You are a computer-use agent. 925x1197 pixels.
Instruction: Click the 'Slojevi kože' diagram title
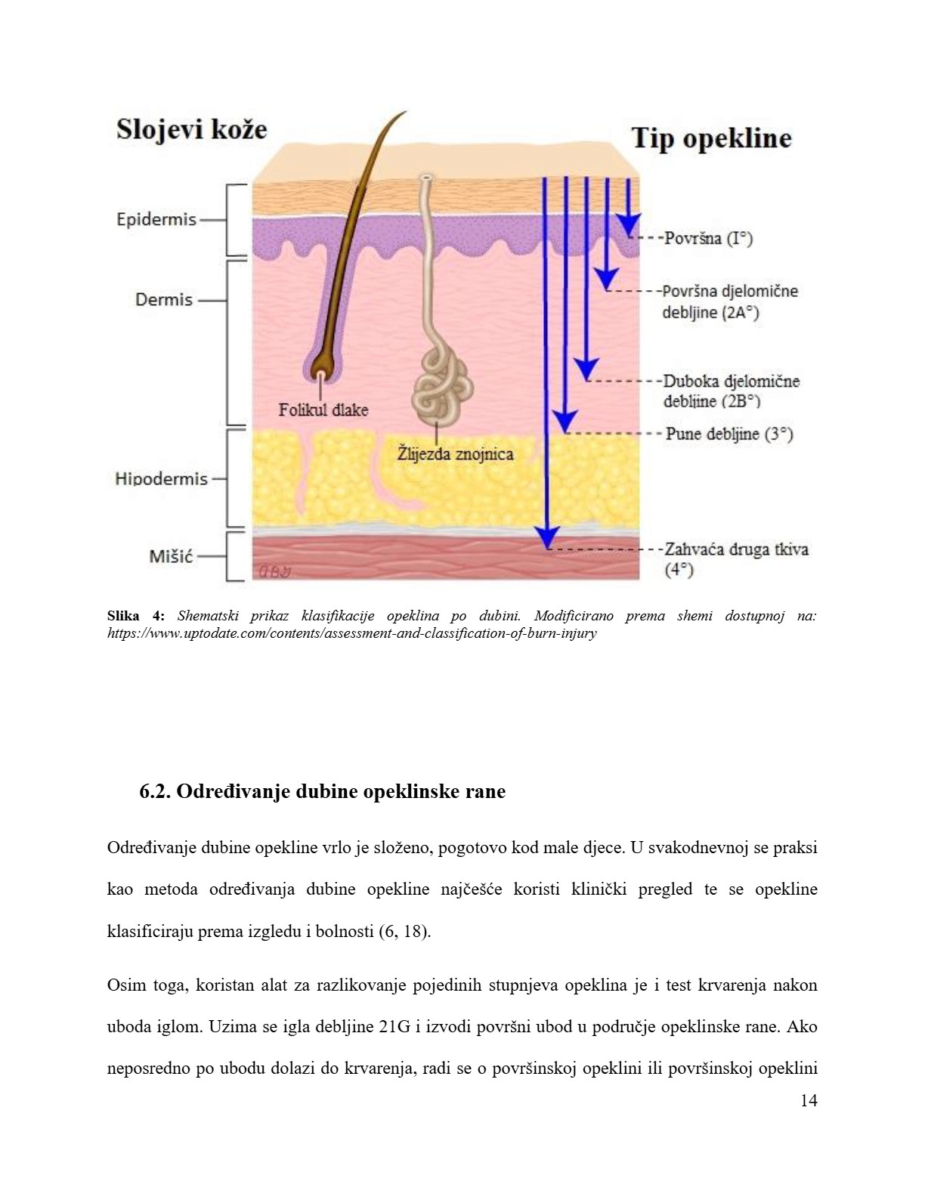(192, 131)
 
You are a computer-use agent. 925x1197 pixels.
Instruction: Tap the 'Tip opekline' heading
(711, 138)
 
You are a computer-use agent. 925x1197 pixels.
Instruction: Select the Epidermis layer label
(156, 220)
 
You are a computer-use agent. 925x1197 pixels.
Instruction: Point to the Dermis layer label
(164, 300)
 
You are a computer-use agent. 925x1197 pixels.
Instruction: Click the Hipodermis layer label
(162, 478)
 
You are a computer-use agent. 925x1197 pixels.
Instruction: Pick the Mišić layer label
(171, 556)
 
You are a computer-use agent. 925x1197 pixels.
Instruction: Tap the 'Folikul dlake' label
(323, 410)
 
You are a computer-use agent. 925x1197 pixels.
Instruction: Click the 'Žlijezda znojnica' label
(455, 454)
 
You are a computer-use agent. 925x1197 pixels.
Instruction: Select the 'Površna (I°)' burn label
(709, 239)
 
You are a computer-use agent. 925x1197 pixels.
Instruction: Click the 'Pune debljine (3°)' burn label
(729, 434)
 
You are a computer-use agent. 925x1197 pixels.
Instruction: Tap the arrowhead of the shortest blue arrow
(628, 224)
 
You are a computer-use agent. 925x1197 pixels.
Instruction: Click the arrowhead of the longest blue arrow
(547, 537)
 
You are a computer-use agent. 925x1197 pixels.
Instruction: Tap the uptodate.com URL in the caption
(351, 633)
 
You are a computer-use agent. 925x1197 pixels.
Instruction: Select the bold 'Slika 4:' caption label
(135, 615)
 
